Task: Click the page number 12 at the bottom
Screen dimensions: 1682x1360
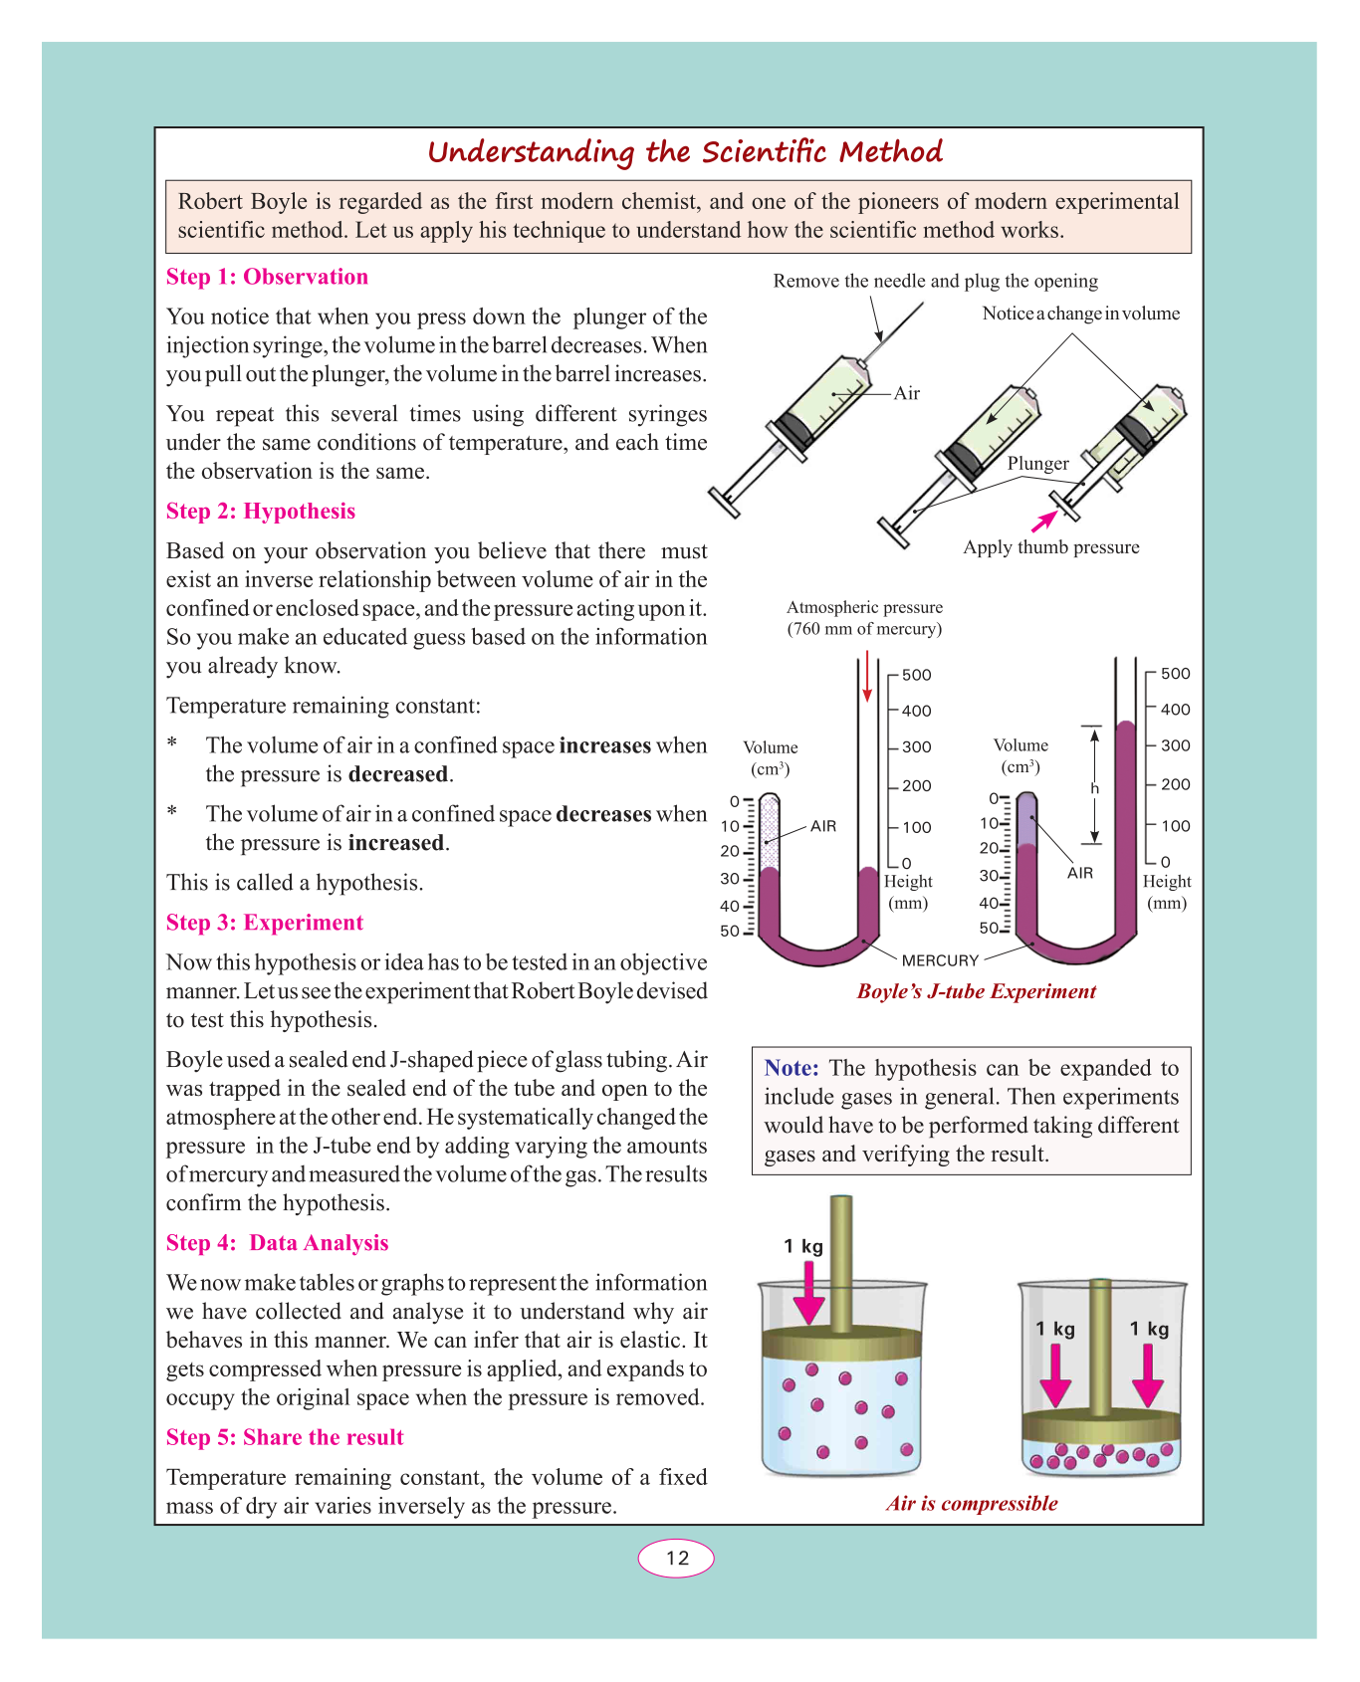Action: pos(677,1558)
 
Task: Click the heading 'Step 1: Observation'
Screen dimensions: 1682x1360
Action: pos(267,277)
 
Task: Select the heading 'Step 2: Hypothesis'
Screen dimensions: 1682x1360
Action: pos(261,511)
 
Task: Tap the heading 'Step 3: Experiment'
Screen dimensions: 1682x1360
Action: pos(265,923)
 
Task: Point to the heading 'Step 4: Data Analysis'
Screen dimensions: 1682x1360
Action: pos(277,1243)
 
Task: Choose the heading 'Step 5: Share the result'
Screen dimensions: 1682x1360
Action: pos(285,1437)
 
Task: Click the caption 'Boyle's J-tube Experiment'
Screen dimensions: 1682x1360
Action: pos(976,991)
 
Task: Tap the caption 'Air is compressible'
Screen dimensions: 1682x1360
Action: pos(972,1503)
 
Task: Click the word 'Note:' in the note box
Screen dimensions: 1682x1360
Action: pos(792,1068)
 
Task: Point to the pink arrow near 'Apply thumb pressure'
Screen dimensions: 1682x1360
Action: pos(1043,521)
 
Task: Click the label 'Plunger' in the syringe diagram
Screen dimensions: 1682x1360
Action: pos(1037,464)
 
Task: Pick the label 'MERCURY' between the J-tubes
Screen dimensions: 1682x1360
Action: pos(940,960)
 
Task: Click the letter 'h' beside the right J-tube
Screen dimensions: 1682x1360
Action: pos(1094,788)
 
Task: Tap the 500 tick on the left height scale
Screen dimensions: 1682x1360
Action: pos(916,675)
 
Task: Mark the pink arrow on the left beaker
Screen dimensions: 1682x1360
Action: pos(809,1292)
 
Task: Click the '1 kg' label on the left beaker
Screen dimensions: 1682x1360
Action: pos(803,1246)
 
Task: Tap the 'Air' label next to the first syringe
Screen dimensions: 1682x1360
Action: pos(907,393)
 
